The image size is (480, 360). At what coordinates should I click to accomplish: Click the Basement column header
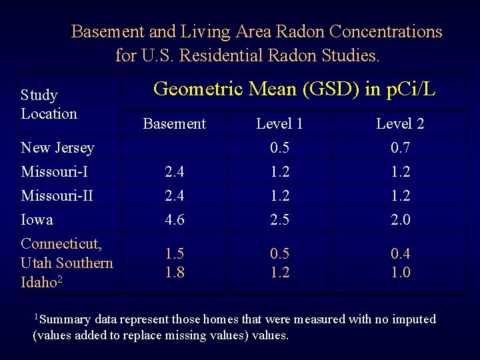(175, 123)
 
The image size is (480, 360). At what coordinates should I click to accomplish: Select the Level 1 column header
(279, 123)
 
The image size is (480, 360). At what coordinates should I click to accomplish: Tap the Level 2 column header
(400, 123)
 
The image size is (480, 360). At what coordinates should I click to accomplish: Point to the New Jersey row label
(57, 147)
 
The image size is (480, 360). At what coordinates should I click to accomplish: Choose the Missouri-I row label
(55, 171)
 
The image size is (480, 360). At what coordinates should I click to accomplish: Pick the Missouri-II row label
(57, 195)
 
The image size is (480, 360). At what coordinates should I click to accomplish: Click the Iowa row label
(37, 219)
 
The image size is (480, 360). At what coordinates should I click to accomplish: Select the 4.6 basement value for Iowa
(175, 219)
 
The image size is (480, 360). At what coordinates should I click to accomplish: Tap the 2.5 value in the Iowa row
(279, 219)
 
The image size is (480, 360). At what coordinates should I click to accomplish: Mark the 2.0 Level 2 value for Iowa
(401, 219)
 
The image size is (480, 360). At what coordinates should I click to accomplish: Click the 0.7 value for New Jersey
(401, 147)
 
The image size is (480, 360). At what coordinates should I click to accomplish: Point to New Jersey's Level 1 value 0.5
(279, 147)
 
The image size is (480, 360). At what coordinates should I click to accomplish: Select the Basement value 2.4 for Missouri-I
(175, 171)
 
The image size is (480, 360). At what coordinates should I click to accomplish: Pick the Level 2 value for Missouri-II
(401, 195)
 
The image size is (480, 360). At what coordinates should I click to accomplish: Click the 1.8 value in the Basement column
(175, 272)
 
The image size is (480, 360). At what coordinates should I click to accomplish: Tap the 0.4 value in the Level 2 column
(401, 254)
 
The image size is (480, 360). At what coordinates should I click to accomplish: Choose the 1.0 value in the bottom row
(401, 272)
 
